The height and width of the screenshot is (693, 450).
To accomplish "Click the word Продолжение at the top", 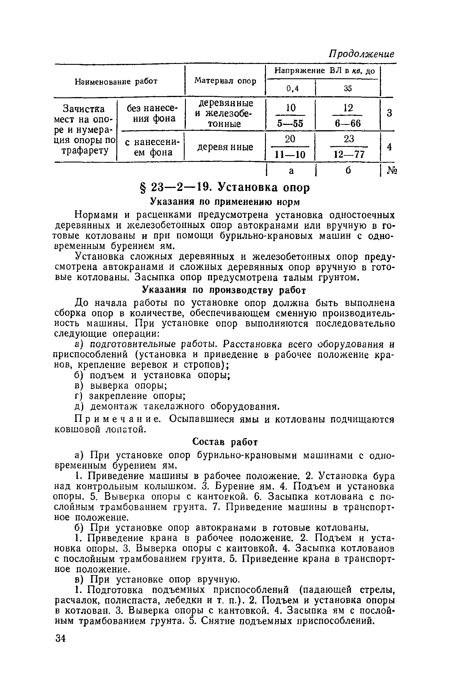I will coord(361,55).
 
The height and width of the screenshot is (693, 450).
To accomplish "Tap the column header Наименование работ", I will coord(116,81).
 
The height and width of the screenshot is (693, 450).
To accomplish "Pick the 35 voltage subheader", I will coord(348,88).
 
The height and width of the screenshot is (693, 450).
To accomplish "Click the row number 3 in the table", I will coord(389,113).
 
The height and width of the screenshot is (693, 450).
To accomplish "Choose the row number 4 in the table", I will coord(389,147).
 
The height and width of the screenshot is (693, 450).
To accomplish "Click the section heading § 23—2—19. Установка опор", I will coord(225,188).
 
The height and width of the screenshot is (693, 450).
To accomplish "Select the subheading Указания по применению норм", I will coord(225,202).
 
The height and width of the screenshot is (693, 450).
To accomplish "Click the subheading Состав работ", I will coord(225,442).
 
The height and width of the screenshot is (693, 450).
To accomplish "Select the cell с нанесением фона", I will coord(150,147).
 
